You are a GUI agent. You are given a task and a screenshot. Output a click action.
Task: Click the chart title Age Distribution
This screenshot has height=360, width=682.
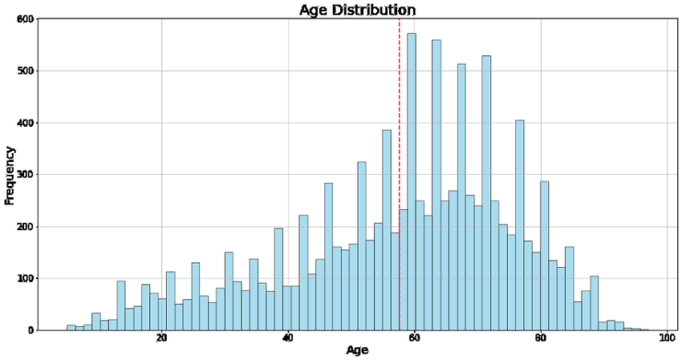pos(357,10)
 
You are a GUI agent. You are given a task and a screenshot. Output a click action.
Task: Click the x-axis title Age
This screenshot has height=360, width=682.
pos(357,350)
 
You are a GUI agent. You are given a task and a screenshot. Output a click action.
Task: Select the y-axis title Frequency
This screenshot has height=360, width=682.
pos(10,175)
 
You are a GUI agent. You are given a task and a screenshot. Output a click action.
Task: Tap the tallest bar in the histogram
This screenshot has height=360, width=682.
pos(412,182)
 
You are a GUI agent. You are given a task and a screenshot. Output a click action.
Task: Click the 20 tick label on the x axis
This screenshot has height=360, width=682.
pos(162,339)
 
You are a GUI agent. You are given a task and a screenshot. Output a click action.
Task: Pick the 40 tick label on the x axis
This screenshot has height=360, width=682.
pos(288,339)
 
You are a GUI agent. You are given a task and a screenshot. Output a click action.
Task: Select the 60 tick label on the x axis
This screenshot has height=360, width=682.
pos(415,339)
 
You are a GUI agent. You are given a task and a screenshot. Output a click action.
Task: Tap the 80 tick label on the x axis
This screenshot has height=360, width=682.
pos(542,339)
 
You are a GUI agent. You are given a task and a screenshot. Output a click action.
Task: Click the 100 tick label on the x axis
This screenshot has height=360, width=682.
pos(666,339)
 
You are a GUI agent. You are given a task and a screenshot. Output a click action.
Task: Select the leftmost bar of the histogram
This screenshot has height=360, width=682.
pos(71,327)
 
